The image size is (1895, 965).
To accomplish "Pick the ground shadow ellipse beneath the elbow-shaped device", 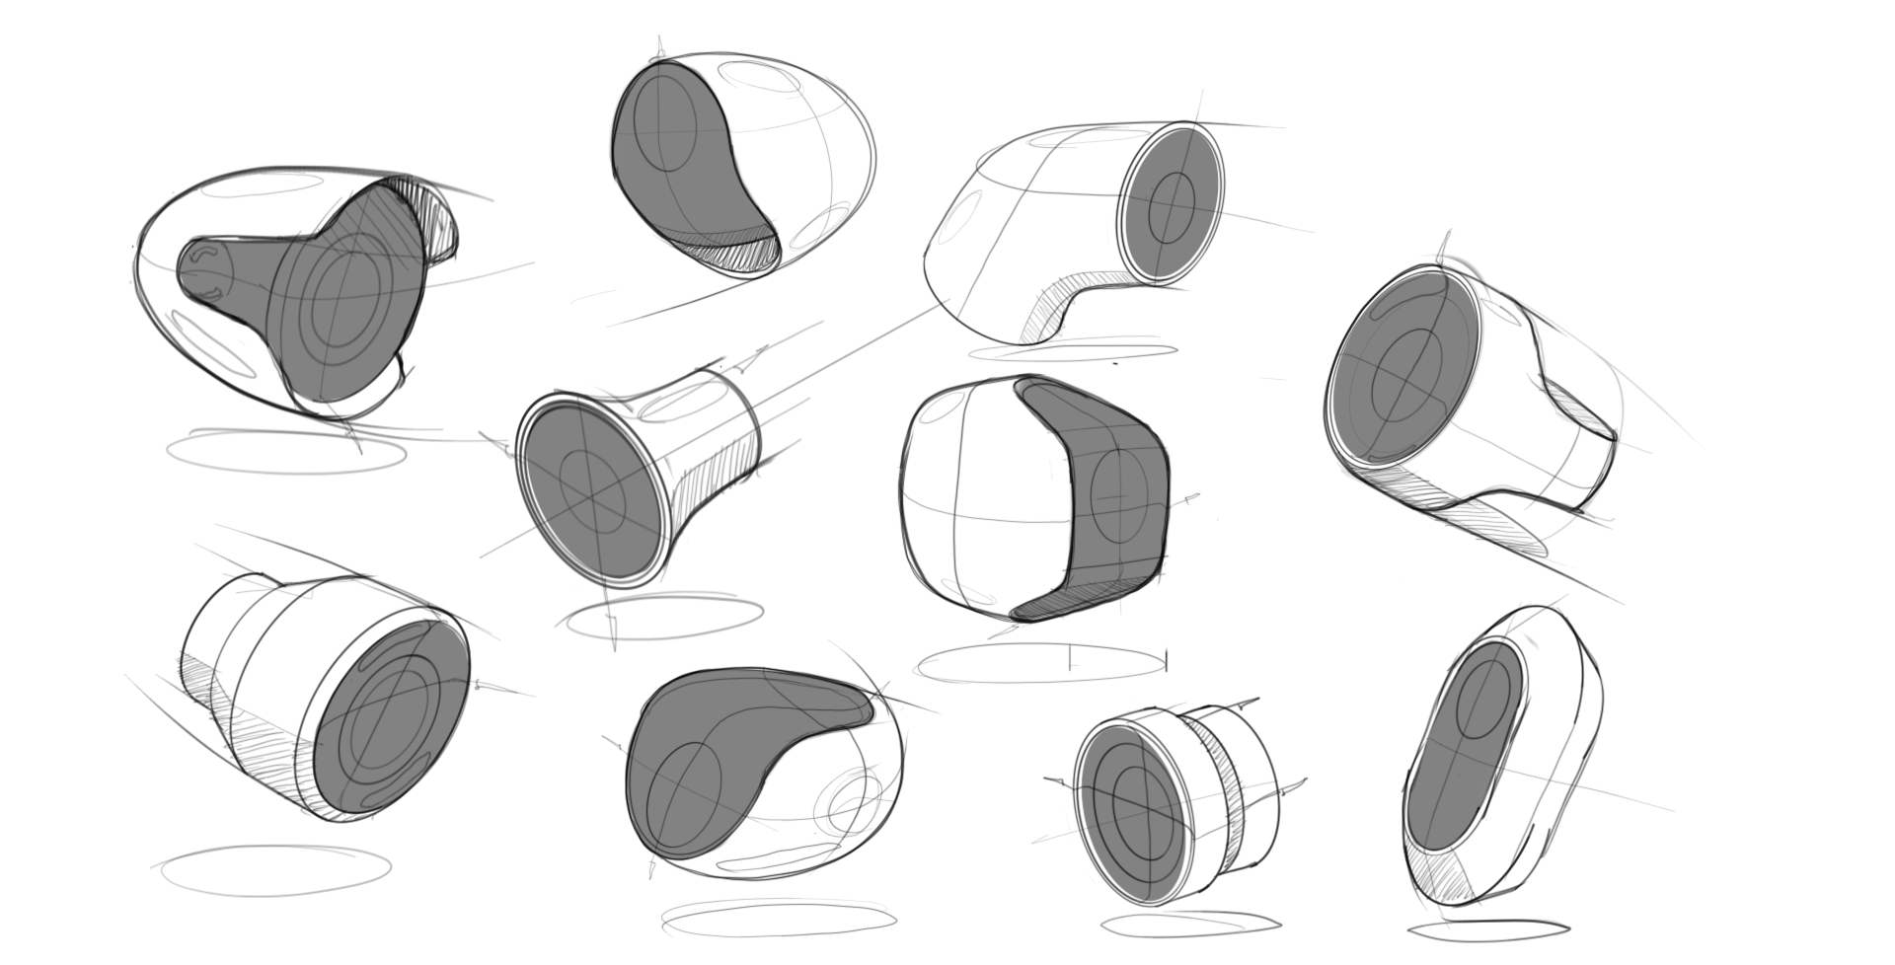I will tap(1073, 351).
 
